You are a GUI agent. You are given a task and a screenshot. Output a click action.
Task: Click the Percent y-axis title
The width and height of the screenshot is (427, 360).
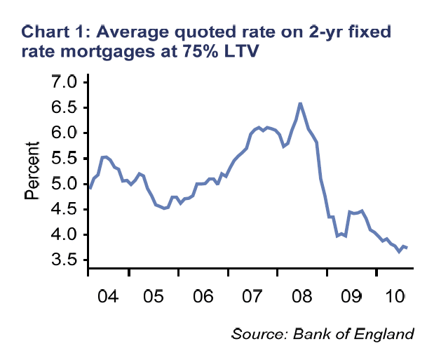(32, 171)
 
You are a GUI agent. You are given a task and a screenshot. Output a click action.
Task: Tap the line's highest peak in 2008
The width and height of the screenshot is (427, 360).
(300, 104)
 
